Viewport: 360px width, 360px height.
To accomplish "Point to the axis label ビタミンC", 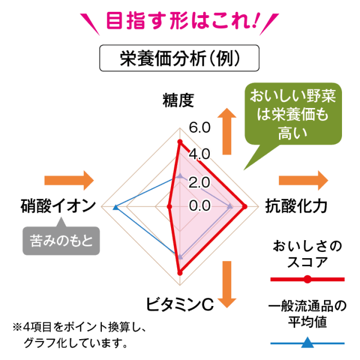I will [179, 304].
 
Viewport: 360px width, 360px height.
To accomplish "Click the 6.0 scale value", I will [200, 127].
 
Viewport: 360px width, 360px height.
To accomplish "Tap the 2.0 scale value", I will [200, 182].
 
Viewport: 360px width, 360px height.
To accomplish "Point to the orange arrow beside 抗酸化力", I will [304, 180].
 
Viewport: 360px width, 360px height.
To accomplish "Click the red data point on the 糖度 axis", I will [180, 142].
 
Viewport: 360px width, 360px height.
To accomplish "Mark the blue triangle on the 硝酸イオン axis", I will [115, 208].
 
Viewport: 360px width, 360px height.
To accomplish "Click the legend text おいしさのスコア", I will [307, 255].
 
